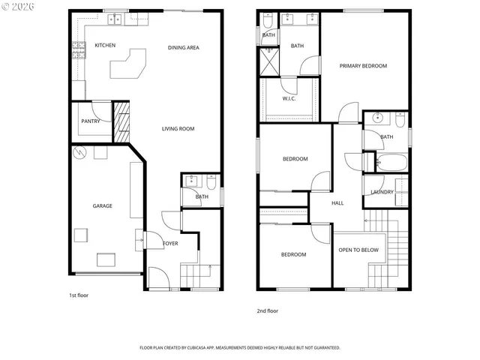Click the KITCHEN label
point(105,45)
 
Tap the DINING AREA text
point(183,47)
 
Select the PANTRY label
point(91,121)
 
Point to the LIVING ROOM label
point(178,129)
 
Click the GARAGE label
point(102,205)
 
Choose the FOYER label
point(170,243)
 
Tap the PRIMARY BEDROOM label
point(363,66)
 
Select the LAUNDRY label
point(382,192)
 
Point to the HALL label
point(337,202)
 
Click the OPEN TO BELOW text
point(358,250)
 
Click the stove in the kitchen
point(78,50)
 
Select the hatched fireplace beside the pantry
point(121,121)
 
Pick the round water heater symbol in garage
point(79,153)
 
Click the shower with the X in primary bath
point(268,61)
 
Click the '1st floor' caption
point(78,295)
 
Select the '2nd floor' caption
point(268,310)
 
